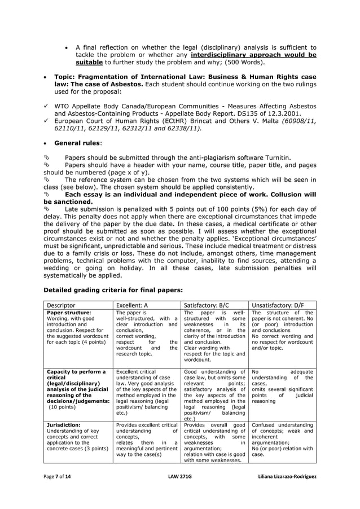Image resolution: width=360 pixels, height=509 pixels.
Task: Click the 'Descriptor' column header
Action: [61, 305]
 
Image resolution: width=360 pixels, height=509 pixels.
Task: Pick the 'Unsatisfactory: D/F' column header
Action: [278, 305]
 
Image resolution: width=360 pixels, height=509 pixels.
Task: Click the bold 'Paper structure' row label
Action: [68, 313]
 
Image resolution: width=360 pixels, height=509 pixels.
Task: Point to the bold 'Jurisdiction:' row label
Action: [63, 424]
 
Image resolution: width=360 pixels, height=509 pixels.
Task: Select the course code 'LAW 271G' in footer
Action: [181, 476]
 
